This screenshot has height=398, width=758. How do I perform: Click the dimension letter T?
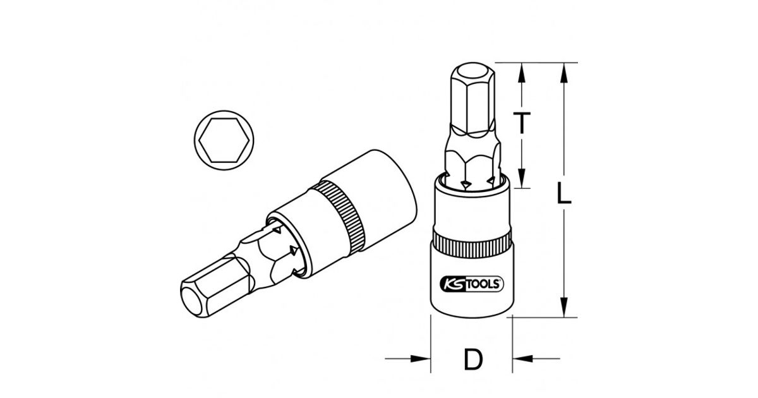click(x=522, y=123)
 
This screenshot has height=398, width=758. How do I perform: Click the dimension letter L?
click(x=563, y=193)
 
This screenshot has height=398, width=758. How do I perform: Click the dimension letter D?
click(x=472, y=359)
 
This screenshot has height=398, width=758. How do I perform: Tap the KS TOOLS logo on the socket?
click(x=472, y=284)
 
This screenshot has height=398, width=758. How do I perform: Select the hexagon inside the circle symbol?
click(x=224, y=140)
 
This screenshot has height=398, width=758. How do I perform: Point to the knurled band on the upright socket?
click(x=472, y=241)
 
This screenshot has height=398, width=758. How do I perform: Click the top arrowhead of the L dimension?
click(x=563, y=73)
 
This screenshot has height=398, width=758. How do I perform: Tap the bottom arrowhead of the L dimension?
click(x=563, y=307)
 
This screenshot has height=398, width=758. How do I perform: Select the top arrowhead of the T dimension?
click(x=522, y=73)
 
